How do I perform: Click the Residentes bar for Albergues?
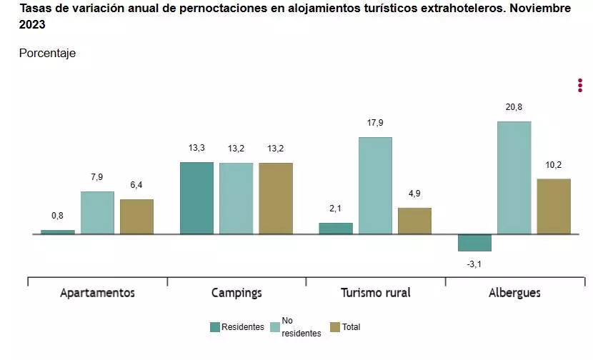tap(474, 243)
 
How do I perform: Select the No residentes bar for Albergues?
tap(514, 178)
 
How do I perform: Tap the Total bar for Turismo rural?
tap(414, 221)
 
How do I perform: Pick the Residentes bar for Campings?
tap(196, 198)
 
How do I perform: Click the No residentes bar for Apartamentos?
tap(97, 213)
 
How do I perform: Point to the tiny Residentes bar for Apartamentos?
tap(58, 231)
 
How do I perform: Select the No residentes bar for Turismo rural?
tap(375, 186)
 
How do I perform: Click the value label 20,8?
tap(514, 107)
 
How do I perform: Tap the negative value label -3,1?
tap(474, 264)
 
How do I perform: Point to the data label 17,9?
tap(375, 123)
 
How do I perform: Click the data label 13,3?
tap(196, 148)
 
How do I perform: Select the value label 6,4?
tap(136, 185)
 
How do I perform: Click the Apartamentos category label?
tap(97, 293)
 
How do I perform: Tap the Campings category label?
tap(236, 293)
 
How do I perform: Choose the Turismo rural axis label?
tap(376, 293)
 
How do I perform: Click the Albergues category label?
tap(514, 293)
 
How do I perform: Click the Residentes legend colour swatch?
tap(214, 327)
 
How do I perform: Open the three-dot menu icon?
tap(580, 85)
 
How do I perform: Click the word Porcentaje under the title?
tap(47, 54)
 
